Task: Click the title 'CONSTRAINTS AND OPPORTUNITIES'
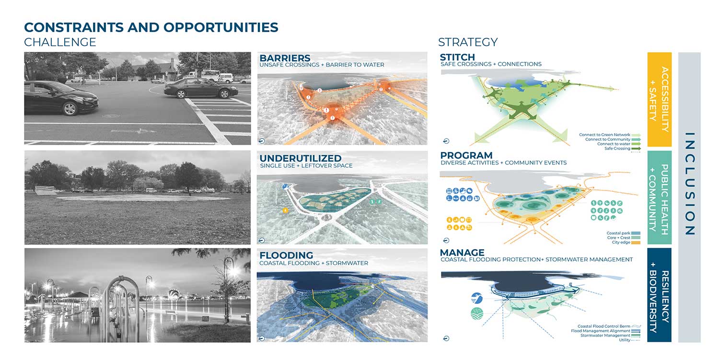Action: tap(151, 27)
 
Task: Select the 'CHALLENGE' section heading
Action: tap(60, 42)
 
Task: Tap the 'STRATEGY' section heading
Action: tap(467, 42)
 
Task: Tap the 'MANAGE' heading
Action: tap(462, 253)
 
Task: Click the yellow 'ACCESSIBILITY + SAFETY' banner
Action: tap(659, 99)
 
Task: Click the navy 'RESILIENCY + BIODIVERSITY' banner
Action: tap(659, 295)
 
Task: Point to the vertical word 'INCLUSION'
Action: tap(689, 184)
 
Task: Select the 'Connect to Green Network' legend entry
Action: tap(604, 135)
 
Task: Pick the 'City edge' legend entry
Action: tap(621, 243)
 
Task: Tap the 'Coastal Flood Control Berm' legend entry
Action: tap(603, 326)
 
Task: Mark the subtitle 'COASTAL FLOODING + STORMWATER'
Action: tap(313, 263)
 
